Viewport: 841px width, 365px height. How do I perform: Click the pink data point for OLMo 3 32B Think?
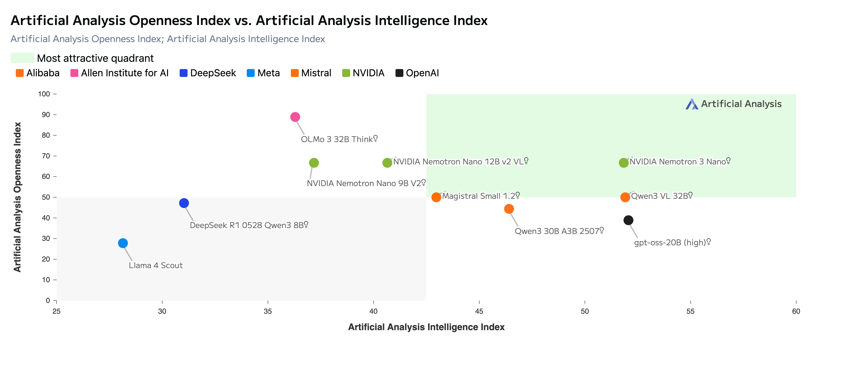pyautogui.click(x=295, y=117)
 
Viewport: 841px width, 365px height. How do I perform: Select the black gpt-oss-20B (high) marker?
pyautogui.click(x=628, y=220)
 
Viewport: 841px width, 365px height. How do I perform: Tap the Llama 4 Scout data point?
pyautogui.click(x=123, y=243)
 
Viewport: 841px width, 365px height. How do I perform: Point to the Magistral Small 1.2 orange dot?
pyautogui.click(x=436, y=197)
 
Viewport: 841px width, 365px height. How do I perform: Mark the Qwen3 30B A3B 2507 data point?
pyautogui.click(x=509, y=209)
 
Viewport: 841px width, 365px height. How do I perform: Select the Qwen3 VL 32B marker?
pyautogui.click(x=625, y=197)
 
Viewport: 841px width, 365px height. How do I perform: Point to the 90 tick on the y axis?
pyautogui.click(x=46, y=114)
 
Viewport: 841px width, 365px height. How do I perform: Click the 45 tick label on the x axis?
pyautogui.click(x=479, y=311)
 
